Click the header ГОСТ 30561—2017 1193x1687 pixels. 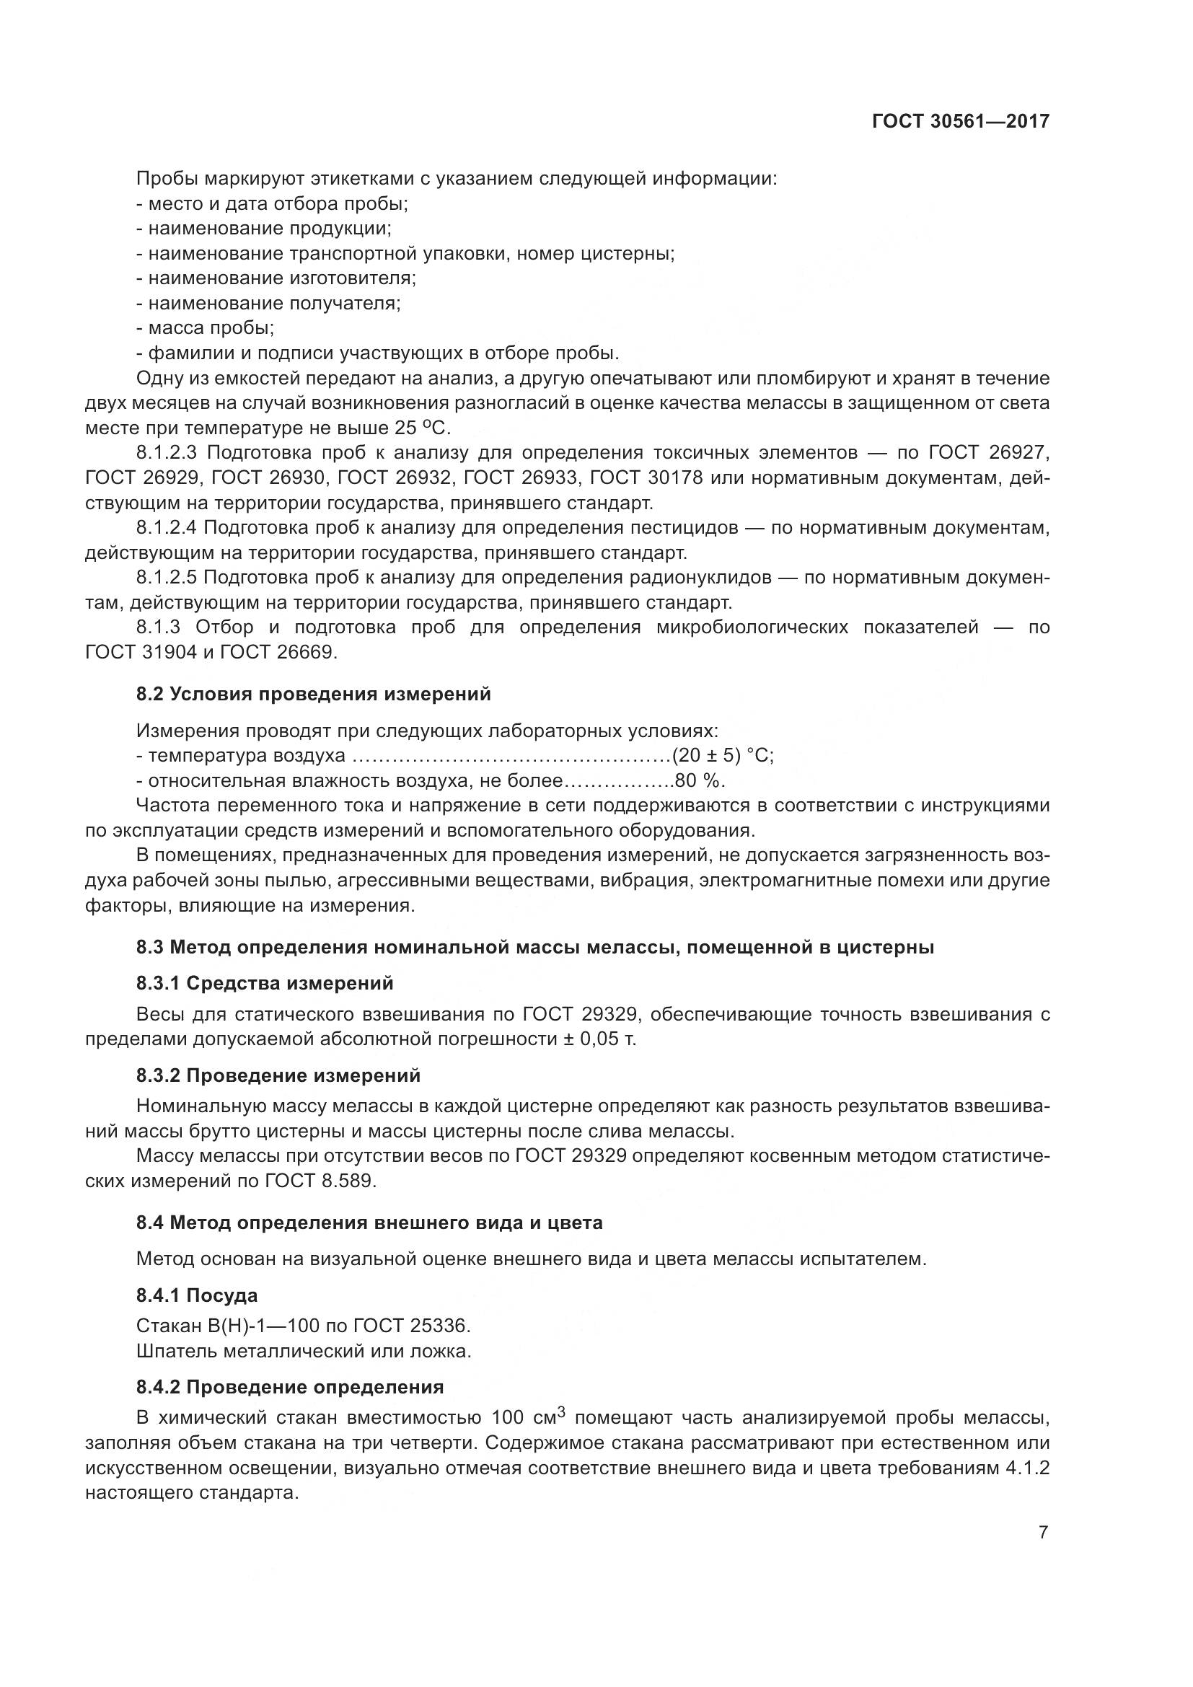(960, 121)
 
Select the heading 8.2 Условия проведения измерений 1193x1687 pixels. (313, 695)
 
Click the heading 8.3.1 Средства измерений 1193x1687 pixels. (265, 983)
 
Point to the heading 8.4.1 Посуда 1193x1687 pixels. (196, 1295)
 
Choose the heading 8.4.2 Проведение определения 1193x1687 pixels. (289, 1387)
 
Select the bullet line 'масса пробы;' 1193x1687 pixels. (211, 327)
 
